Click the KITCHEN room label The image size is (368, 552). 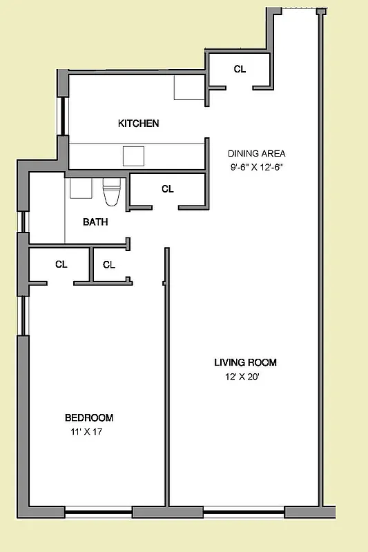(x=139, y=124)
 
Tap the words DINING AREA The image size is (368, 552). (x=256, y=154)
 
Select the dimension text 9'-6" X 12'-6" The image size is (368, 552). (x=258, y=167)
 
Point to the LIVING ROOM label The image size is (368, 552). (x=245, y=362)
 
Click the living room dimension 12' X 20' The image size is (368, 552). (x=242, y=377)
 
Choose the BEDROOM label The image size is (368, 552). (x=89, y=417)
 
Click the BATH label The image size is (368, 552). (x=95, y=222)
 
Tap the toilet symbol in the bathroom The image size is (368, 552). (x=111, y=193)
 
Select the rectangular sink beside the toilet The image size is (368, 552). (x=81, y=188)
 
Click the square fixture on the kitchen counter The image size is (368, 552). (x=133, y=156)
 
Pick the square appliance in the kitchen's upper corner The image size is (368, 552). (x=188, y=88)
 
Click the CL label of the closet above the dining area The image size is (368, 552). (x=240, y=69)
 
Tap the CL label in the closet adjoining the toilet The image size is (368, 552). (x=168, y=188)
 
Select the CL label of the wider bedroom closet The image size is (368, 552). (x=61, y=264)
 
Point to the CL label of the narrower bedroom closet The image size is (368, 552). (x=109, y=264)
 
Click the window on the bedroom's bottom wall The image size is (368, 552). (x=98, y=513)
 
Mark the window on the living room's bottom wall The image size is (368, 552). (x=244, y=513)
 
